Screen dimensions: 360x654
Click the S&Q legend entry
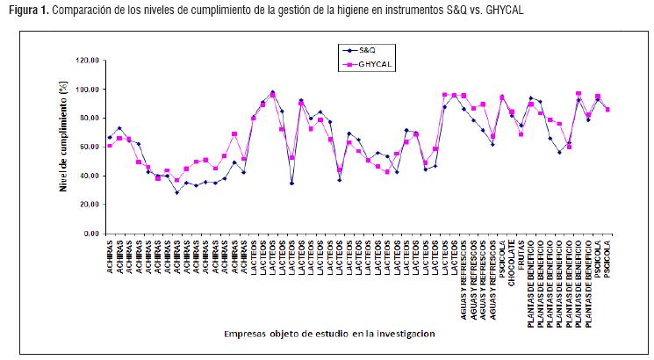369,50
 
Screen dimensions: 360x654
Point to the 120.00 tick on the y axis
88,61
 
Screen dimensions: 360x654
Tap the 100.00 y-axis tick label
88,90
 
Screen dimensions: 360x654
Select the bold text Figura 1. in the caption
25,10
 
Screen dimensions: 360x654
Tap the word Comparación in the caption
81,10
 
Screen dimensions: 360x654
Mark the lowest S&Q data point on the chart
176,192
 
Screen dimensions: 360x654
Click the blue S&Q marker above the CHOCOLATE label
512,116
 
